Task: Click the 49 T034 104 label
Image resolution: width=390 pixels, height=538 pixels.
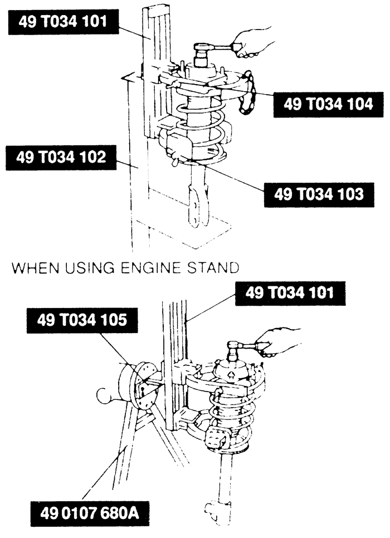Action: pyautogui.click(x=328, y=105)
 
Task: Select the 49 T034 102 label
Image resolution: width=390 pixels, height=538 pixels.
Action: pyautogui.click(x=61, y=158)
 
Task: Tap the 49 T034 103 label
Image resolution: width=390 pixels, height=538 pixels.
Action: pyautogui.click(x=319, y=194)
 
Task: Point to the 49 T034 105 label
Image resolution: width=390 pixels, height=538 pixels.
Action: pyautogui.click(x=82, y=320)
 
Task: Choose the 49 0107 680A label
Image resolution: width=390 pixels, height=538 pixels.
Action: pyautogui.click(x=90, y=514)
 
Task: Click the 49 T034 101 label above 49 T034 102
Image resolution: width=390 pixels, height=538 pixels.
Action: pyautogui.click(x=63, y=22)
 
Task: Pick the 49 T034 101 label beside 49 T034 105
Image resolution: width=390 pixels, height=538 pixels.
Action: pyautogui.click(x=290, y=294)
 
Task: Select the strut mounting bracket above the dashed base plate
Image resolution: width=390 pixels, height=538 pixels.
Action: pyautogui.click(x=197, y=205)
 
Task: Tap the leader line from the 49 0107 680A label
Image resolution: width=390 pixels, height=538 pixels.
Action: pyautogui.click(x=101, y=475)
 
